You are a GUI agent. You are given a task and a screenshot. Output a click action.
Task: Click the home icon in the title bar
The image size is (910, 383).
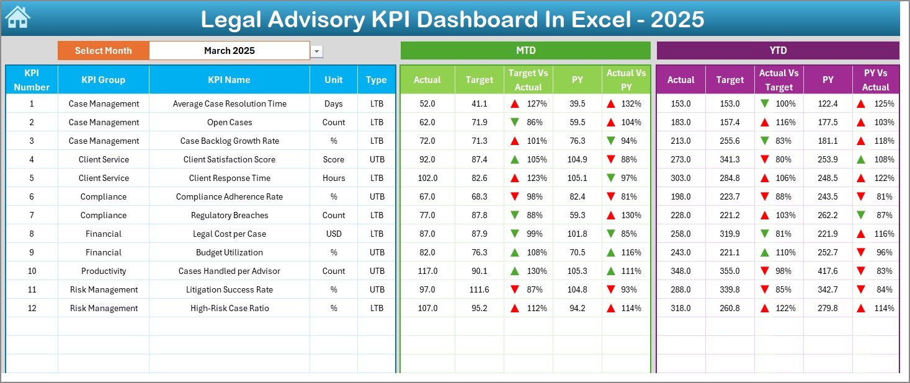17,17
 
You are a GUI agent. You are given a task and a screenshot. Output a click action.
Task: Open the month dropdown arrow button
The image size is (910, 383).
317,51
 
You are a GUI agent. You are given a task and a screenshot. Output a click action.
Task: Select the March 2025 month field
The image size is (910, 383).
230,51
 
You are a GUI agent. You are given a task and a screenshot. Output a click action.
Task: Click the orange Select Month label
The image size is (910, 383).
103,51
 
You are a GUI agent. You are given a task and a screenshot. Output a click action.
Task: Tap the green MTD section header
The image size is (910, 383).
525,51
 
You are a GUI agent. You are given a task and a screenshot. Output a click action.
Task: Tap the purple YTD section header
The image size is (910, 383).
777,51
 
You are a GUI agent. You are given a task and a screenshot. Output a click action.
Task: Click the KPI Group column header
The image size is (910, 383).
103,80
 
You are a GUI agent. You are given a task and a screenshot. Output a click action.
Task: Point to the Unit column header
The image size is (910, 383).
334,80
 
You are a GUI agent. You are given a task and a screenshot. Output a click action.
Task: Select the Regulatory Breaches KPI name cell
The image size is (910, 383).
230,215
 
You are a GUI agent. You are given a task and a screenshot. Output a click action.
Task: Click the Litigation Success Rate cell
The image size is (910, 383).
230,289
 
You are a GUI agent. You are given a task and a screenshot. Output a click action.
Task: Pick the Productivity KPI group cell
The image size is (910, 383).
103,271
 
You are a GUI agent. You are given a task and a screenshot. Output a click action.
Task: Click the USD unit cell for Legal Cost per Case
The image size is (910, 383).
334,234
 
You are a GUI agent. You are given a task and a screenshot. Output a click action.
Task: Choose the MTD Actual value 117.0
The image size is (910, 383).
427,271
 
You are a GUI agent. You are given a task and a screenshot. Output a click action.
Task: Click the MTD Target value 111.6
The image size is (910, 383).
479,289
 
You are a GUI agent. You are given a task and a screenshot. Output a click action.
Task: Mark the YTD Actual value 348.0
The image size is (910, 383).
680,271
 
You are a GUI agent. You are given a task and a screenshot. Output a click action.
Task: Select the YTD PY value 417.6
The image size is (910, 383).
827,271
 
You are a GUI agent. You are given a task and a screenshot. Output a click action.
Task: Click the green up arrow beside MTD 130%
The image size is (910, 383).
515,271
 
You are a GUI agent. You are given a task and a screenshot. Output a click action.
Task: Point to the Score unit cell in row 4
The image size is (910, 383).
334,159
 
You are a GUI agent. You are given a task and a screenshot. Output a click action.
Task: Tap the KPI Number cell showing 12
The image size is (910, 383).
32,308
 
